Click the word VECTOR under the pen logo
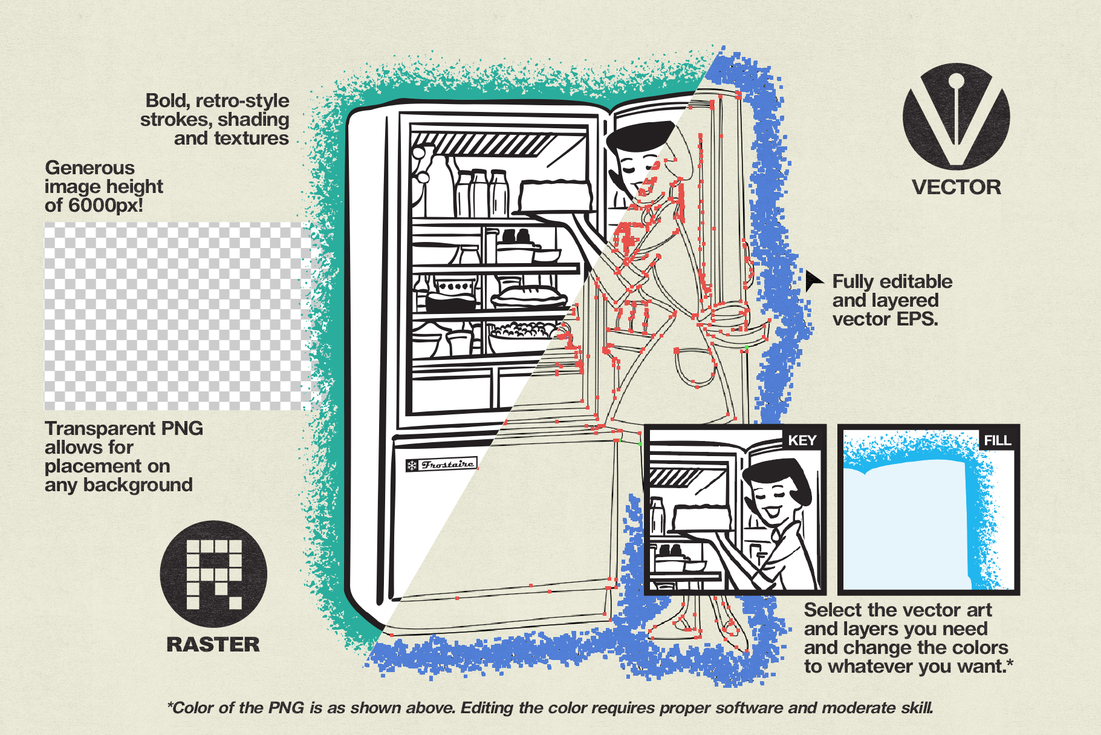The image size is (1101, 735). pos(956,187)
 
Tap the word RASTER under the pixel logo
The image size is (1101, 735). pos(213,644)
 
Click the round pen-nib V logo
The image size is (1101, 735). pos(956,116)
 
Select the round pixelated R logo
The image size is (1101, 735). pos(213,573)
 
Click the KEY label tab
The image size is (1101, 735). pos(802,440)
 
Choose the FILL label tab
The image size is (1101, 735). pos(998,440)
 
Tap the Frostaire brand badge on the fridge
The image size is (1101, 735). pos(441,465)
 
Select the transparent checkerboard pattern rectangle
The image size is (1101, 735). pos(177,316)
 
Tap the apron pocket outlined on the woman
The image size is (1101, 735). pos(695,366)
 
